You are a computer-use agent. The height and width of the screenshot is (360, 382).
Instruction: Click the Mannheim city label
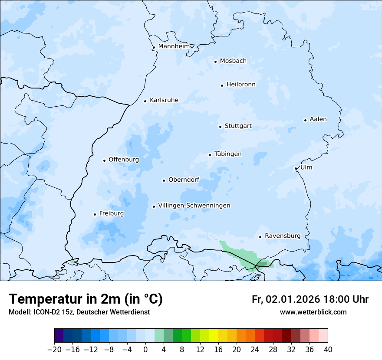174,46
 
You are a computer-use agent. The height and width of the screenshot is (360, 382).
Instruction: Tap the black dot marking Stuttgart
220,127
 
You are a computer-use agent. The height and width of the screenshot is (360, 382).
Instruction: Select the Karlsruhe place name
164,100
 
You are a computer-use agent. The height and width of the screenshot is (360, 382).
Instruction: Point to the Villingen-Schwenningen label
194,206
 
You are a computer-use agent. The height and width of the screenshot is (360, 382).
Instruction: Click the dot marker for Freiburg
95,214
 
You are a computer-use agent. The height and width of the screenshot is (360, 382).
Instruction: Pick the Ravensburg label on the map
282,236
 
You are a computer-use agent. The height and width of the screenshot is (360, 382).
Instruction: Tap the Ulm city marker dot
296,168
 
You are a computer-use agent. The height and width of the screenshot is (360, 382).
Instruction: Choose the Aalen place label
318,119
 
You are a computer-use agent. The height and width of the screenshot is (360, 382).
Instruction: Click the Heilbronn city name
241,85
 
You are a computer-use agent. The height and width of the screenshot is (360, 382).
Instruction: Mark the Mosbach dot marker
215,62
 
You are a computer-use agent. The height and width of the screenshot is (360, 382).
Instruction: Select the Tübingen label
227,154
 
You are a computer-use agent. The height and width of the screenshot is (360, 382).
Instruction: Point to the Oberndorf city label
184,180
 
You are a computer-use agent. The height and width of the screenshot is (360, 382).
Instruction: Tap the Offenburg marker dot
104,160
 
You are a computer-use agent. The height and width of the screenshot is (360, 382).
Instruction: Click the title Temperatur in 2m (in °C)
86,299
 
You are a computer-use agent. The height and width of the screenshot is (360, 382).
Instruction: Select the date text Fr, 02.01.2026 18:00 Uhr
310,300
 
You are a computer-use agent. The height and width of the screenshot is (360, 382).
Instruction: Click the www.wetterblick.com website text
313,312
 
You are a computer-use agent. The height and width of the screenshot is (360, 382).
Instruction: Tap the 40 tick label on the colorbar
328,349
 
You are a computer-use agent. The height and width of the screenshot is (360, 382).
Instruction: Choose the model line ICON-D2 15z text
79,312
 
